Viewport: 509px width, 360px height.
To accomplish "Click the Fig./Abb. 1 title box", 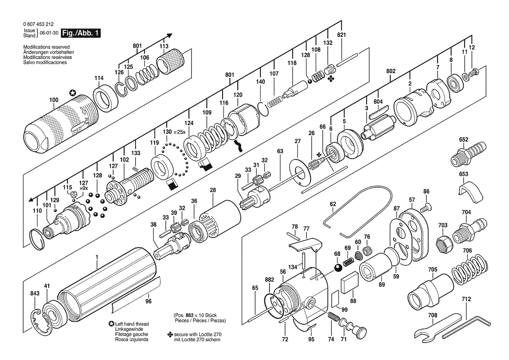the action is (81, 33).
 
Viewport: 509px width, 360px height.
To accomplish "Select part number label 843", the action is (35, 293).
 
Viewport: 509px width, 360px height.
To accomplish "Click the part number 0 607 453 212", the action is (39, 24).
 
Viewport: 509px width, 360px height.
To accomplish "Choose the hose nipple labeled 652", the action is (469, 153).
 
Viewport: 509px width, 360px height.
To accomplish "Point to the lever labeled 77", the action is (305, 245).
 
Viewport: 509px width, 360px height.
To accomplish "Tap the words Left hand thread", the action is (131, 324).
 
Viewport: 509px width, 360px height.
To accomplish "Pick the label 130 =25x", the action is (174, 132).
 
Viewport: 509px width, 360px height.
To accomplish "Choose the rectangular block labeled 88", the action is (349, 280).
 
